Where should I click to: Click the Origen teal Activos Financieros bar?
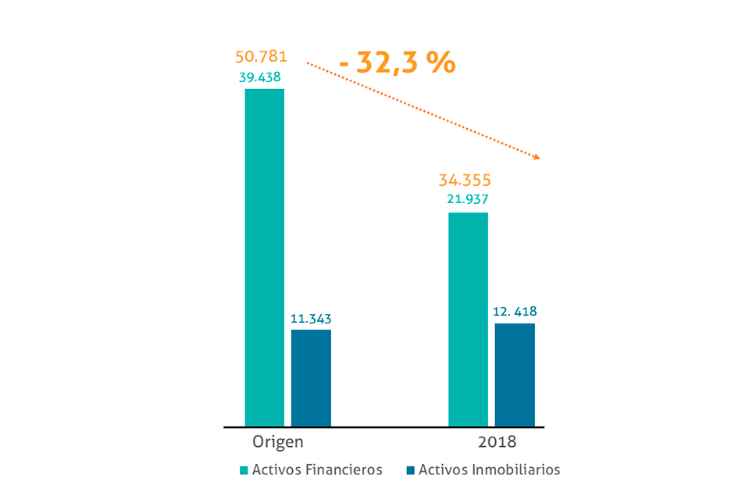pos(264,257)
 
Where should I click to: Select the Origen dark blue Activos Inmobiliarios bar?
pos(311,377)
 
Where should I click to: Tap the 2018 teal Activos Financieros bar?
pos(468,319)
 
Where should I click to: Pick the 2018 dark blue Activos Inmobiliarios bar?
pos(515,374)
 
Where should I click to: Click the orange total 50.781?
pos(262,57)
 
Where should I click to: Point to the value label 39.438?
pos(259,77)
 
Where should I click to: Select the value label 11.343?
pos(312,319)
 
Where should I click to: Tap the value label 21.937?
pos(467,199)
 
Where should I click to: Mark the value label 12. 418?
pos(515,312)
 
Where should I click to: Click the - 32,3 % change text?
pos(398,61)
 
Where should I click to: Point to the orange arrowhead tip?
pos(538,159)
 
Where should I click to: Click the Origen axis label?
pos(277,441)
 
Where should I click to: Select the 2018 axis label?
pos(497,442)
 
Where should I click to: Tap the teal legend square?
pos(244,470)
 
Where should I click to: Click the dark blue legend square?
pos(410,470)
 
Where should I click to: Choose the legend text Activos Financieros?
pos(317,470)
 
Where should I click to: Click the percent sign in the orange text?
pos(441,61)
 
